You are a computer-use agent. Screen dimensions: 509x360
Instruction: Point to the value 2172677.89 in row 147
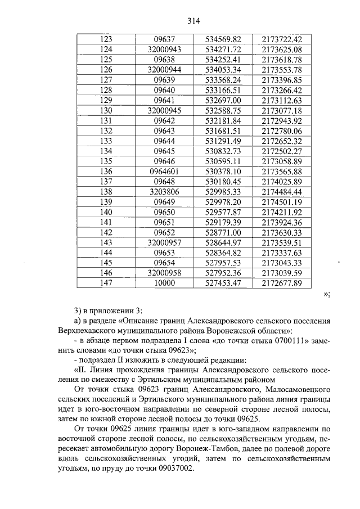click(282, 283)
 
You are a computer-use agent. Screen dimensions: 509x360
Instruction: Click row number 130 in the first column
click(106, 110)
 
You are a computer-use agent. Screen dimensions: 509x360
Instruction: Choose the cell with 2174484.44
click(282, 192)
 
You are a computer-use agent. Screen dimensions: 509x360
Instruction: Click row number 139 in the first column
click(106, 202)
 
